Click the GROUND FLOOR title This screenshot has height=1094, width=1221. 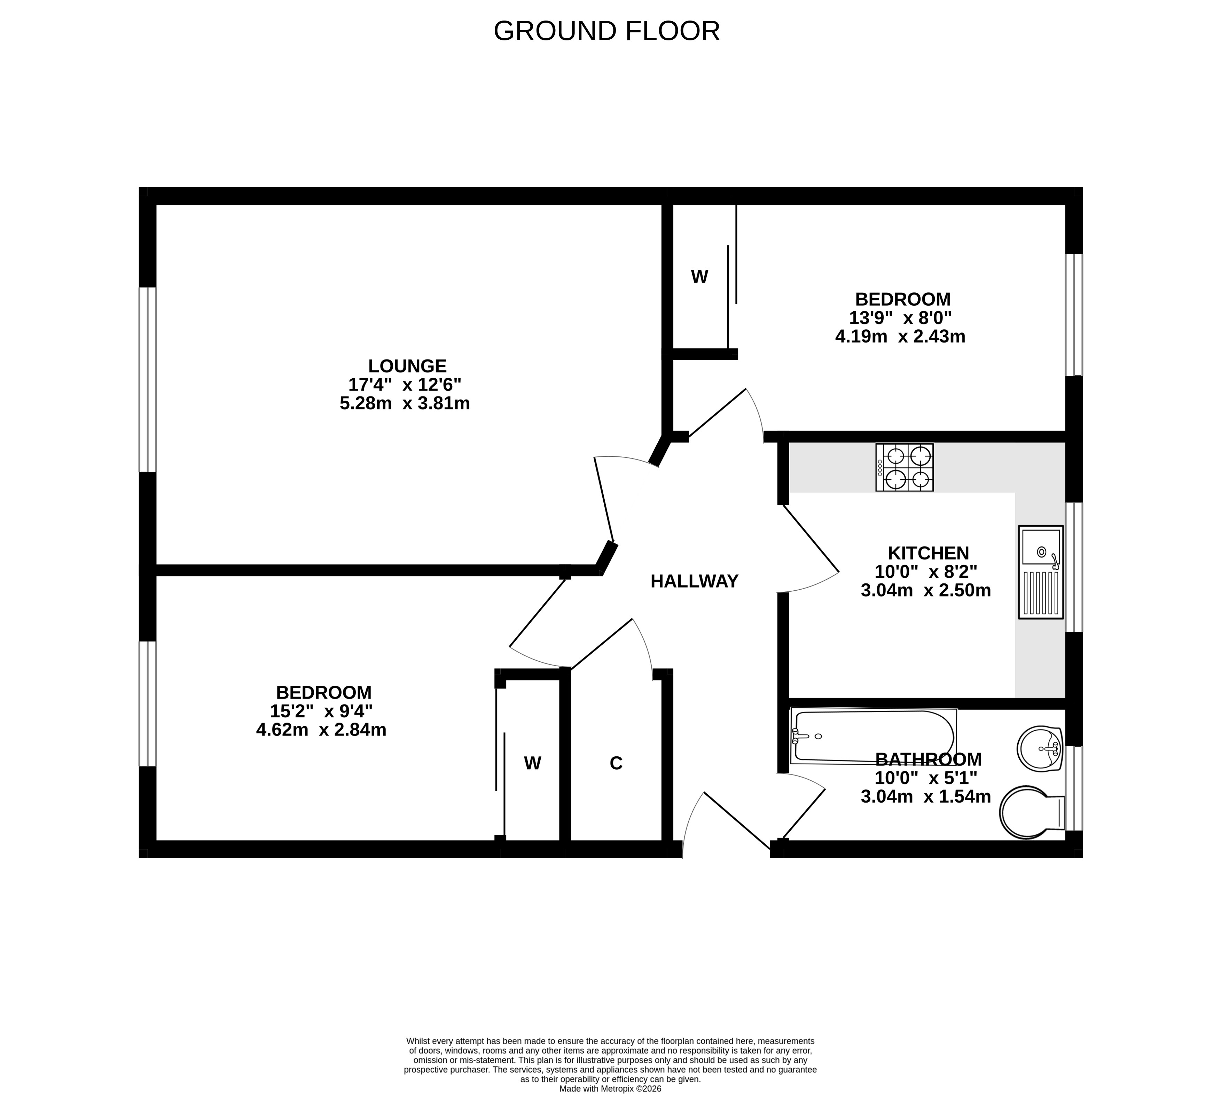[606, 31]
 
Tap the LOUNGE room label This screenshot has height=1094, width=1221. [407, 366]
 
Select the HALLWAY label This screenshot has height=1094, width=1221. [694, 581]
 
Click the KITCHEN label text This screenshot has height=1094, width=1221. [928, 553]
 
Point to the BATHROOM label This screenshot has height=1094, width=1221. [928, 759]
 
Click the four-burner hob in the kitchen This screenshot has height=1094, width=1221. [904, 468]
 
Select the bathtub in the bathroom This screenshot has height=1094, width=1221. [873, 736]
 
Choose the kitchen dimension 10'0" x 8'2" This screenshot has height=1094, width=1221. [926, 571]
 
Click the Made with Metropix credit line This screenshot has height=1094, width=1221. [610, 1088]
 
